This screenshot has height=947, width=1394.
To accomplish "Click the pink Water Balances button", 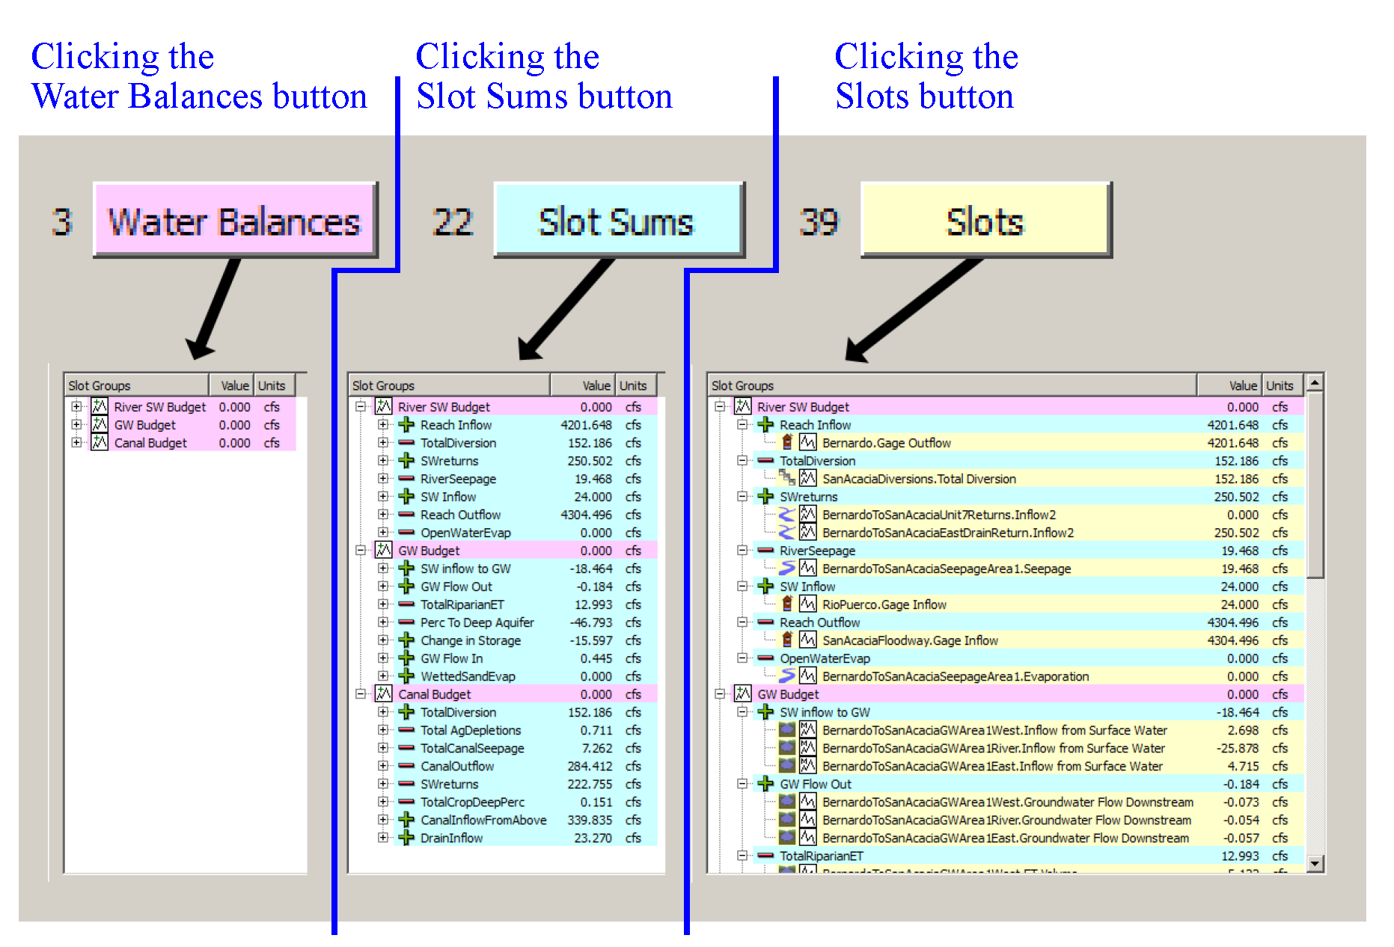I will (234, 221).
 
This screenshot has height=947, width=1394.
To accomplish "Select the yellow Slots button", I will (985, 221).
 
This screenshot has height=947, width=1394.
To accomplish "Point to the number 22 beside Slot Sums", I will (453, 222).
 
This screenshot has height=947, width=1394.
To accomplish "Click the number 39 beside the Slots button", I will (819, 222).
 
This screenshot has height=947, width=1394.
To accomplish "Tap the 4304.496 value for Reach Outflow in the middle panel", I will (586, 515).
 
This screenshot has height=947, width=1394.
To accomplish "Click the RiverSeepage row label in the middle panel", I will (458, 479).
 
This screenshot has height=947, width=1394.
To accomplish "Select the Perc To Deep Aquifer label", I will (477, 622).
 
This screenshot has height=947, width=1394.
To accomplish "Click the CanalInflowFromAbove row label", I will (483, 820).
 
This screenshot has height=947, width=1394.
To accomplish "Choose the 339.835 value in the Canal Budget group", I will (590, 820).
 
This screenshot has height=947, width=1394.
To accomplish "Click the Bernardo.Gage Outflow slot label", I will (886, 443).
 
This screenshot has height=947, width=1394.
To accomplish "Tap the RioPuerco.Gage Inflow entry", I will (884, 604).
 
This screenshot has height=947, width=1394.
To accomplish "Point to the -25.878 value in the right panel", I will (1237, 748).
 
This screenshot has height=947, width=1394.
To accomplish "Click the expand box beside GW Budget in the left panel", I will (76, 425).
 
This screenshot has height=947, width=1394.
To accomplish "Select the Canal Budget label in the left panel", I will (150, 443).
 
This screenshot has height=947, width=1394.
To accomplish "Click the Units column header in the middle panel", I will (633, 386).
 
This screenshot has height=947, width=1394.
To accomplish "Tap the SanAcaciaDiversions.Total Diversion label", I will (919, 479).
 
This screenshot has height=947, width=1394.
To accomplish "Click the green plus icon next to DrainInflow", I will (406, 838).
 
